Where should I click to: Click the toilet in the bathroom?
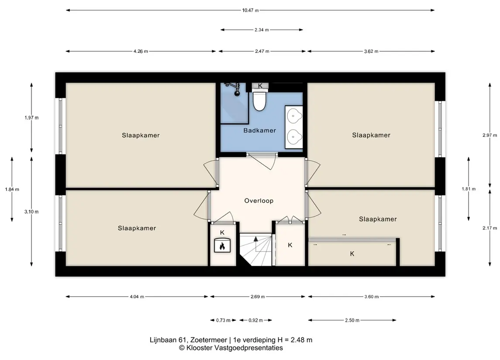point(259,101)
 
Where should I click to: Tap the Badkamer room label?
point(259,130)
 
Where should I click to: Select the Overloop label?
point(259,201)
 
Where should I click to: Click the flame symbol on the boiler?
point(222,246)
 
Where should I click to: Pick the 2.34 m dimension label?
point(262,30)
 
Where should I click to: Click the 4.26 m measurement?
point(141,51)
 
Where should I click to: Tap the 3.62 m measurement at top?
point(371,51)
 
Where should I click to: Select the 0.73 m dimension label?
point(223,320)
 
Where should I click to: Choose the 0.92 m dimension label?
point(256,320)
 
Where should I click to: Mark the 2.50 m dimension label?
point(352,320)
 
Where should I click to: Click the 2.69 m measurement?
point(258,297)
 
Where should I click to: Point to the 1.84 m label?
point(12,189)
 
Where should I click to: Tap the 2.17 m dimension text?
point(490,228)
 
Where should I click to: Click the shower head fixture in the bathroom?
point(236,88)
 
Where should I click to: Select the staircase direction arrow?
point(255,239)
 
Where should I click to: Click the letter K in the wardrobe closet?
point(352,254)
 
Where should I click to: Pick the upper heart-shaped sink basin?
point(294,115)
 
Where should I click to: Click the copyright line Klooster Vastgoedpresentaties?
point(231,348)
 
